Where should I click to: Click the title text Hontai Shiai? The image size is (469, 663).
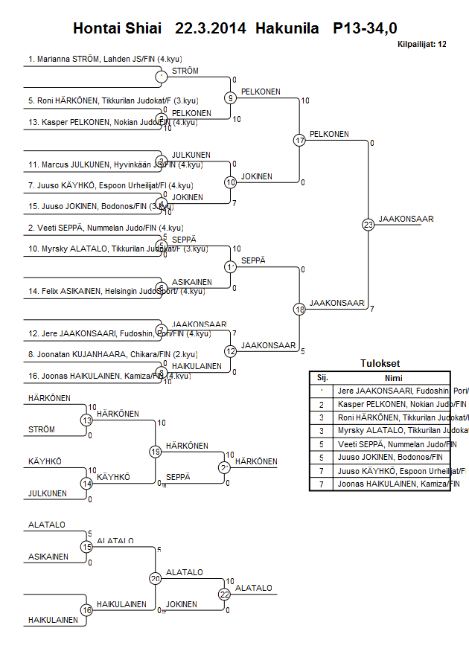click(117, 29)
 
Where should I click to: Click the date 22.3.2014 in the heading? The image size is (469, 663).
click(211, 29)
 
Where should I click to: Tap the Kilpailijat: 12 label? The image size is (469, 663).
click(422, 45)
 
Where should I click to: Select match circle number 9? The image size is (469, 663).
click(231, 97)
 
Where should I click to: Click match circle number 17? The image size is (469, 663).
click(299, 140)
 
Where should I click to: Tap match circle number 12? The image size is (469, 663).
click(231, 351)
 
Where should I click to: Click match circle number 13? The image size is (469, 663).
click(86, 420)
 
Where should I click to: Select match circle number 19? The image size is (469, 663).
click(156, 451)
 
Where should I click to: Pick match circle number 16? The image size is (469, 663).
click(86, 610)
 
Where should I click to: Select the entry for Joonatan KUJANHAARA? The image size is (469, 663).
click(104, 355)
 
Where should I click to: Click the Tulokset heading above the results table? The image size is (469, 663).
click(380, 364)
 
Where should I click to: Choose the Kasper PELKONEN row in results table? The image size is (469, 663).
click(390, 404)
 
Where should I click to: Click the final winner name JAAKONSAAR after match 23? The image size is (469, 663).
click(406, 219)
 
